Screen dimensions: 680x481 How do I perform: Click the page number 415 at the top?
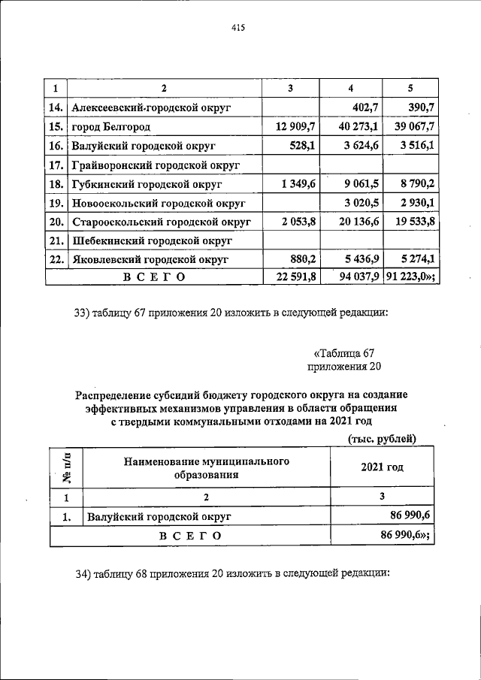tap(239, 28)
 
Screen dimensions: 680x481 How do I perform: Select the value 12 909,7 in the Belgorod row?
tap(293, 127)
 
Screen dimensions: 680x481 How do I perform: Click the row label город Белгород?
tap(110, 127)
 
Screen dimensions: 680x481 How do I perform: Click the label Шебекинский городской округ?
tap(150, 241)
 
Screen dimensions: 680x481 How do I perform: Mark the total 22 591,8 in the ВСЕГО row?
tap(293, 277)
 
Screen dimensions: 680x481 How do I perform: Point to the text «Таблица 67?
tap(343, 354)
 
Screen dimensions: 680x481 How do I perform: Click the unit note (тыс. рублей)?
tap(382, 439)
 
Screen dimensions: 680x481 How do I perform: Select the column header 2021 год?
tap(382, 467)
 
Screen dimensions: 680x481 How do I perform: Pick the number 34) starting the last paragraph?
tap(83, 574)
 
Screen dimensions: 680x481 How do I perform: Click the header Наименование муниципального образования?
tap(207, 468)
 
